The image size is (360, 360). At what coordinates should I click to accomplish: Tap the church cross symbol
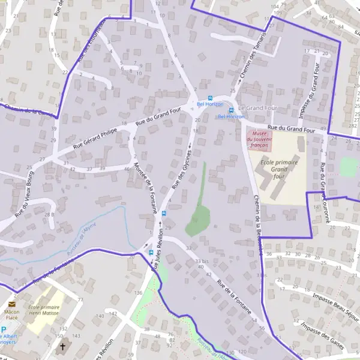tap(62, 347)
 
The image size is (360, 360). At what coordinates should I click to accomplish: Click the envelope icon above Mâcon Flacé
tap(12, 304)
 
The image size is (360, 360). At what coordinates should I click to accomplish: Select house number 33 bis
tap(202, 261)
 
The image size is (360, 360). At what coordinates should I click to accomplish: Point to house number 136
tap(139, 292)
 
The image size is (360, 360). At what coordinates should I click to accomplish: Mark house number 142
tap(112, 313)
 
